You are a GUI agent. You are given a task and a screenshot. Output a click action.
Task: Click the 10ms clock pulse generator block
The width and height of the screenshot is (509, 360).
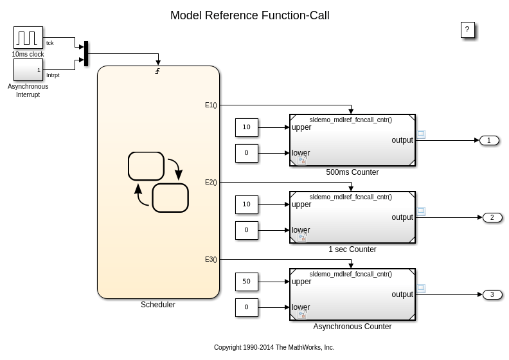coord(28,37)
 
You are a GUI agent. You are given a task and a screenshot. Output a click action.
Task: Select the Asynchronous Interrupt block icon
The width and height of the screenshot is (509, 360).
coord(28,70)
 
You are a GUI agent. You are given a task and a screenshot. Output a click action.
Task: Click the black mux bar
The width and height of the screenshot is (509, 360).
coord(86,53)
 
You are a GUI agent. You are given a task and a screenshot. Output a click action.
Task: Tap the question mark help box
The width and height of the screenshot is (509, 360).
coord(467,30)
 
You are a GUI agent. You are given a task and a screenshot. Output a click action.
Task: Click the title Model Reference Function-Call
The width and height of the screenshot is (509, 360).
coord(249,15)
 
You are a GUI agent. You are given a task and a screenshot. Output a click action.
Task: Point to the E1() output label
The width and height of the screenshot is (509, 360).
coord(211,105)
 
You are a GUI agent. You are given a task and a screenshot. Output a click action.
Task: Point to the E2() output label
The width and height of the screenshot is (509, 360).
coord(211,183)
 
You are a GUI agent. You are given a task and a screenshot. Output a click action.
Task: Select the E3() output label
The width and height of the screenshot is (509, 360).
coord(211,260)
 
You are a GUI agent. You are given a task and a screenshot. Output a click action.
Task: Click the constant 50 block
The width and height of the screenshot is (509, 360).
coord(246,282)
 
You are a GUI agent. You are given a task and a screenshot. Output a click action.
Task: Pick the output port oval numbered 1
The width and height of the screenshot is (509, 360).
coord(489,140)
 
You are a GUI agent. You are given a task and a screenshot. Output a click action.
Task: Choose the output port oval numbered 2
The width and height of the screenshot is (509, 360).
coord(492,217)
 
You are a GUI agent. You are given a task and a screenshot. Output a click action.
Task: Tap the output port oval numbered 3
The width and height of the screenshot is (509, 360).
coord(492,294)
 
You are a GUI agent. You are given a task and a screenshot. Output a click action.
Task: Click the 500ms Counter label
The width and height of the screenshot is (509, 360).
coord(352,172)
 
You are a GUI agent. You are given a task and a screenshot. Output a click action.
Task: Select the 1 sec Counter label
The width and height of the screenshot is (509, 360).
coord(352,249)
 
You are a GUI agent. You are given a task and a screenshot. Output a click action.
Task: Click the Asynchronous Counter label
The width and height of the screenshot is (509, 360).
coord(352,327)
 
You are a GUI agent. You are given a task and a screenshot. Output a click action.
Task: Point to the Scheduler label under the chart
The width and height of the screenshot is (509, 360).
coord(158,305)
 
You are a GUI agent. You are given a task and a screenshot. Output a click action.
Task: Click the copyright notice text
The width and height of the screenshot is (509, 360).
coord(274,348)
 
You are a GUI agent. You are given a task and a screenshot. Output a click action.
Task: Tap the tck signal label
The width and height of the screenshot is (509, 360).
coord(50,43)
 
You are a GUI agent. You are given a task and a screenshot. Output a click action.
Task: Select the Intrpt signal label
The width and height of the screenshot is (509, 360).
coord(53,75)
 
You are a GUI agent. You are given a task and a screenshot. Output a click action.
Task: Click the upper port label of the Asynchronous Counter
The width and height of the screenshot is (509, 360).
coord(301,282)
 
